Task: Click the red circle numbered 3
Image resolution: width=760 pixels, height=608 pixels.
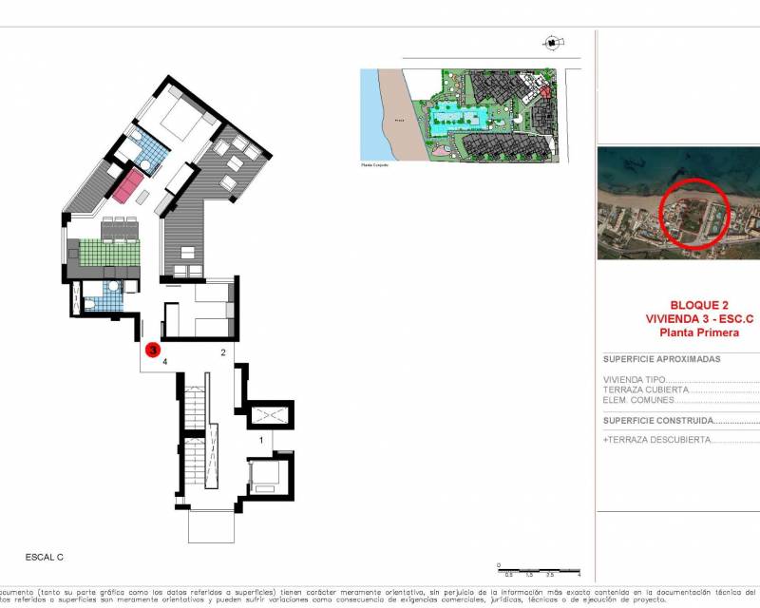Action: coord(152,350)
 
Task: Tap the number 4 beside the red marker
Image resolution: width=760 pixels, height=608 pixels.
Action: coord(165,362)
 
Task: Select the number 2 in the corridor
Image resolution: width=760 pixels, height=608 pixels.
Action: coord(222,352)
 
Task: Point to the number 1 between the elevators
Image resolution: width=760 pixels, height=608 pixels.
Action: coord(261,440)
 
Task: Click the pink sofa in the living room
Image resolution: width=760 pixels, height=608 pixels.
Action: coord(128,186)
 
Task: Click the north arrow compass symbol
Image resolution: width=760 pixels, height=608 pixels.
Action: coord(551,42)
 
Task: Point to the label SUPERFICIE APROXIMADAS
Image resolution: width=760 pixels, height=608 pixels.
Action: coord(662,360)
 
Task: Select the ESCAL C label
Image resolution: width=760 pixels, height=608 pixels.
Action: coord(44,557)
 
